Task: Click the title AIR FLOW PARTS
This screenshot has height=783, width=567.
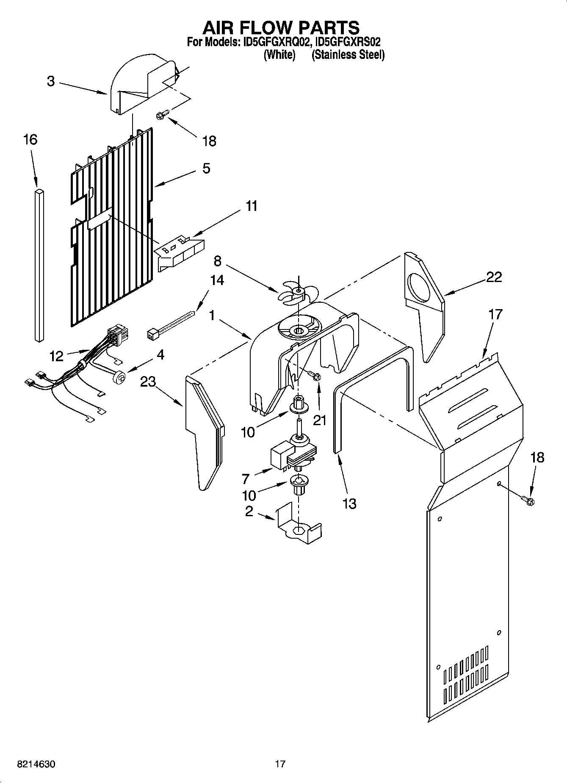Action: click(x=281, y=28)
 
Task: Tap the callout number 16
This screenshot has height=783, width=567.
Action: click(x=30, y=140)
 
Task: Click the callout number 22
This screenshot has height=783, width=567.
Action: click(x=494, y=277)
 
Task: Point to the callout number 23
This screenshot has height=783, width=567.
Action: click(x=148, y=382)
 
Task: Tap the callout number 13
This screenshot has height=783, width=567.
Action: click(x=349, y=504)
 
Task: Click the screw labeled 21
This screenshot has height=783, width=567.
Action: click(x=315, y=376)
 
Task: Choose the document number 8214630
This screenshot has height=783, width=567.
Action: click(x=36, y=764)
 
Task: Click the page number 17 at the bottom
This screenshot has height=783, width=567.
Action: click(x=280, y=764)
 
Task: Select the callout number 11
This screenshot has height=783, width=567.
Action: click(x=252, y=206)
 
